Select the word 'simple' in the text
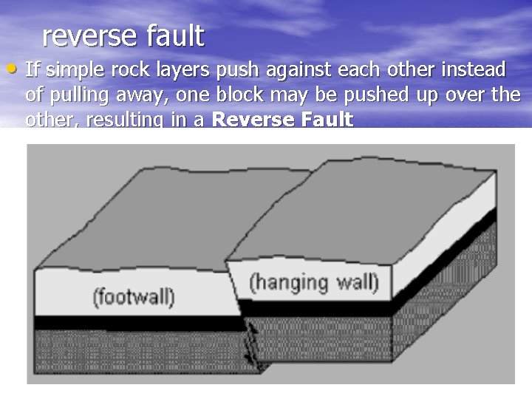tap(74, 71)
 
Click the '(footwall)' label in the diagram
tap(133, 297)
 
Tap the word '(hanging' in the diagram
tap(287, 282)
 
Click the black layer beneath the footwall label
tap(133, 322)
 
